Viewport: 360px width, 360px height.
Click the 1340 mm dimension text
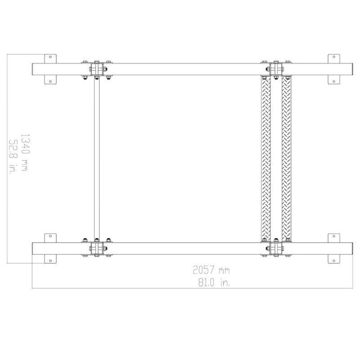tap(25, 153)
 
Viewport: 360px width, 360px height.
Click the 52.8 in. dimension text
tap(13, 157)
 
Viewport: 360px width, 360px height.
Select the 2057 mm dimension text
tap(211, 270)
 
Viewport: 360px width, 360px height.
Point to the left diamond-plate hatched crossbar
tap(266, 158)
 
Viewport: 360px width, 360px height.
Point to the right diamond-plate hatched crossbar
tap(286, 158)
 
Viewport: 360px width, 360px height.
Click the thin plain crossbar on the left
tap(97, 158)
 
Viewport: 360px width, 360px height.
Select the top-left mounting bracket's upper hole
tap(50, 57)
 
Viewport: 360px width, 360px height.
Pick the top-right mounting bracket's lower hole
tap(334, 81)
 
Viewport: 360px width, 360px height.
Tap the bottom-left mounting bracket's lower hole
tap(50, 261)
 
